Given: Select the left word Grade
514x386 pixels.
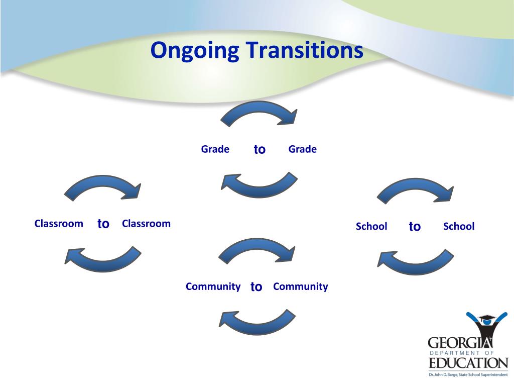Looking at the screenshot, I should [x=215, y=149].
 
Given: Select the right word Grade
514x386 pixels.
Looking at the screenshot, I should [x=303, y=149].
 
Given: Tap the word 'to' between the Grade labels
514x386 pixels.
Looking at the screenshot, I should [x=260, y=149].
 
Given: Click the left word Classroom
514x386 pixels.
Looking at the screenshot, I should [x=59, y=224].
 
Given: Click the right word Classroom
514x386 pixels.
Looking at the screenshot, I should [x=146, y=224].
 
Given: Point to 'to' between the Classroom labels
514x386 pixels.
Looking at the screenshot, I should [x=103, y=224].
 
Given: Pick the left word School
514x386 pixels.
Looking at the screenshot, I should [x=371, y=227].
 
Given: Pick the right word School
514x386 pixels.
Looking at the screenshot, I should [x=459, y=227].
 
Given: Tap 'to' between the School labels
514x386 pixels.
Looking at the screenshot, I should [x=415, y=227].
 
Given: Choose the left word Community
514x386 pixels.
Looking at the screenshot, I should [x=213, y=287].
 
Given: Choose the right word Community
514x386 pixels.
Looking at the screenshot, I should [x=301, y=287].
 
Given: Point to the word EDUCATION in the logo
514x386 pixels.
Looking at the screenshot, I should [x=468, y=363].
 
